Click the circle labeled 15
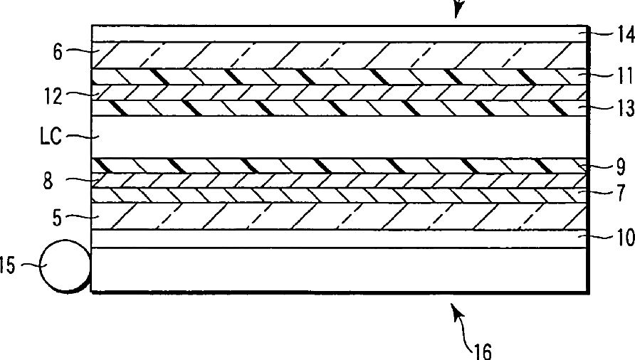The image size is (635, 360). pos(65,267)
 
